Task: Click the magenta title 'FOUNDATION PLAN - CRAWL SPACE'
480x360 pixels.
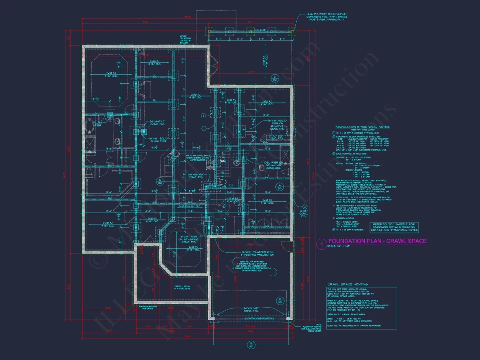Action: (x=377, y=241)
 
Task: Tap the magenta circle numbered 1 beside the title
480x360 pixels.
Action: (x=321, y=245)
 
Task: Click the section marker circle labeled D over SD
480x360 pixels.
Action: (x=275, y=78)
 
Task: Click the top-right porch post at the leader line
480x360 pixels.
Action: (x=291, y=32)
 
